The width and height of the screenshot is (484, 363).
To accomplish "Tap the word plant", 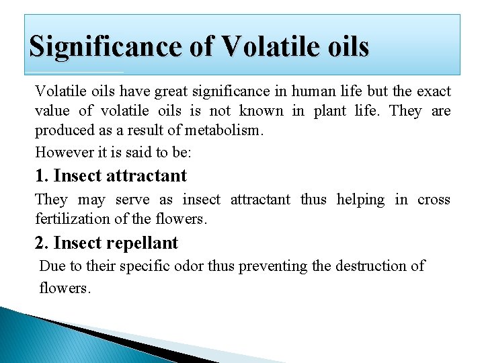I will coord(329,111).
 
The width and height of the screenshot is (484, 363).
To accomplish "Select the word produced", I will coord(65,130).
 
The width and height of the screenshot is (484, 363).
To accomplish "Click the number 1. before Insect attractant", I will coord(42,176).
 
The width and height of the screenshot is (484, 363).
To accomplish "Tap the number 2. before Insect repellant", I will coord(42,243).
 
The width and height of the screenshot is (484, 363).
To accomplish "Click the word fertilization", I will coord(75,219).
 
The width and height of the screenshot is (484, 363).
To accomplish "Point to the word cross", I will coord(434,200).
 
